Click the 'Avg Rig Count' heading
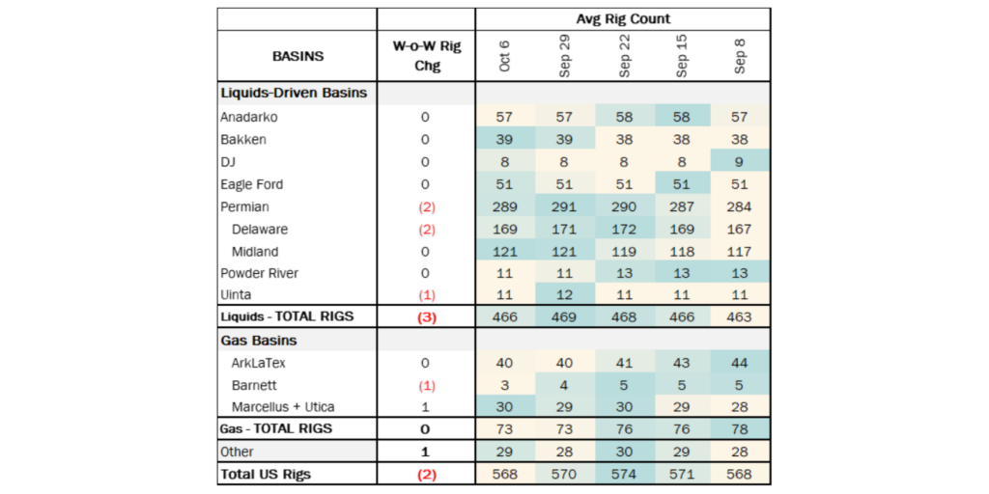pyautogui.click(x=623, y=18)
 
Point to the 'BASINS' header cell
pyautogui.click(x=297, y=56)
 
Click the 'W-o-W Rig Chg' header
pyautogui.click(x=426, y=56)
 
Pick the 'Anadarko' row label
pyautogui.click(x=250, y=117)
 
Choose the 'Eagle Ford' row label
pyautogui.click(x=254, y=184)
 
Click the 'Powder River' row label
pyautogui.click(x=260, y=273)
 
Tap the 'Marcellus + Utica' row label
pyautogui.click(x=282, y=406)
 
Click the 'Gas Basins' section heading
pyautogui.click(x=259, y=341)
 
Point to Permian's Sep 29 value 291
pyautogui.click(x=564, y=206)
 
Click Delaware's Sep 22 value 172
pyautogui.click(x=623, y=230)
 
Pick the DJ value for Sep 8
pyautogui.click(x=741, y=162)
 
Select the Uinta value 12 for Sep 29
pyautogui.click(x=564, y=295)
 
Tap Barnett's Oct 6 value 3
pyautogui.click(x=505, y=385)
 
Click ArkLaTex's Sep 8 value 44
pyautogui.click(x=741, y=363)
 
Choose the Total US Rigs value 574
pyautogui.click(x=623, y=474)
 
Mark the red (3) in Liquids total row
pyautogui.click(x=426, y=317)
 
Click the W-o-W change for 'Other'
pyautogui.click(x=426, y=452)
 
